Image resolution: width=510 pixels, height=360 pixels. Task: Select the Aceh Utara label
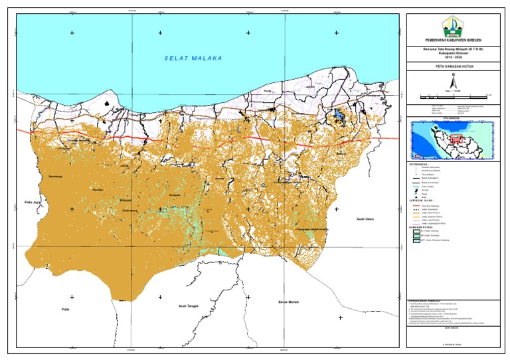366,217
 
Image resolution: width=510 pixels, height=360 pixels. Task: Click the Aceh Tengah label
190,306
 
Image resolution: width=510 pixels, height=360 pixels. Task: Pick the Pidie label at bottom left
65,309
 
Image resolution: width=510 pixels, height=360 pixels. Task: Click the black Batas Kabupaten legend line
416,177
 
